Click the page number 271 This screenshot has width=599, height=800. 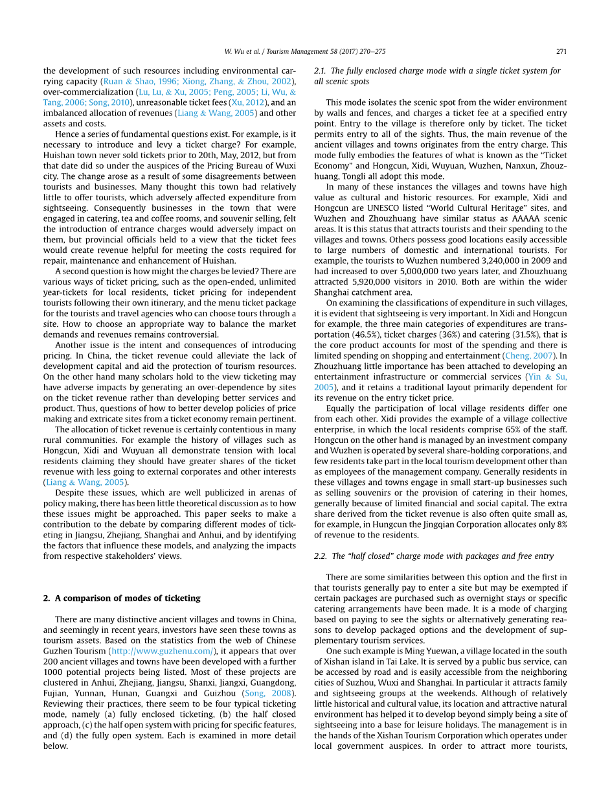[x=561, y=51]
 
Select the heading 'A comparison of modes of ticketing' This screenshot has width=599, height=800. [x=128, y=598]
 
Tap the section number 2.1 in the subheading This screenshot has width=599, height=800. [x=320, y=71]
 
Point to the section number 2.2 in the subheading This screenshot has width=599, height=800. [x=320, y=556]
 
